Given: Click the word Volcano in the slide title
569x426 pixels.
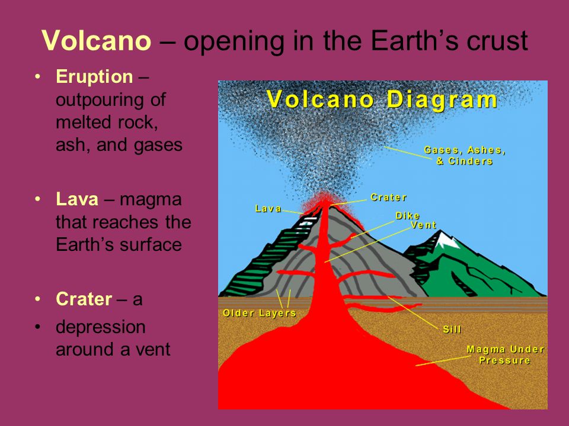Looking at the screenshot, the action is (96, 40).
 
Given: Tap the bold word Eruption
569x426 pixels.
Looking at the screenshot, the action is (94, 77).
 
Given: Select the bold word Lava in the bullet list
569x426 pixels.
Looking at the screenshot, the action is (77, 199).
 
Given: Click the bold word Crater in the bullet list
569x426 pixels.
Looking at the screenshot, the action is (84, 299).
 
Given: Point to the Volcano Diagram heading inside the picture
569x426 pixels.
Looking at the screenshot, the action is (382, 99).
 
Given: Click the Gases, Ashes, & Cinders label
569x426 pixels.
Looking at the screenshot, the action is (465, 156).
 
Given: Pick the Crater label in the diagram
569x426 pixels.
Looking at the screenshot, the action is (388, 198).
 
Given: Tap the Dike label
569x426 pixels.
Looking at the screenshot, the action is (408, 216).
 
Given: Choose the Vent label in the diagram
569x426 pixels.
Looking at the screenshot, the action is (423, 225).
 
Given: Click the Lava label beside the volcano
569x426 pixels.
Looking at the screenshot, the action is (268, 209).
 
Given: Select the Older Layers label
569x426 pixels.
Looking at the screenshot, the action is (260, 313).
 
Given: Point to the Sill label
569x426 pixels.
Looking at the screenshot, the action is (452, 330).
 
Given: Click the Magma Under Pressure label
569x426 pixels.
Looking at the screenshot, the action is (505, 354).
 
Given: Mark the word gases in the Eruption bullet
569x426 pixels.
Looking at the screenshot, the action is (158, 146).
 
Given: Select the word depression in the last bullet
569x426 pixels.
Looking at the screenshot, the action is (101, 327).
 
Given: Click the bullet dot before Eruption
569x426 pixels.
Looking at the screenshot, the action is (38, 77).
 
